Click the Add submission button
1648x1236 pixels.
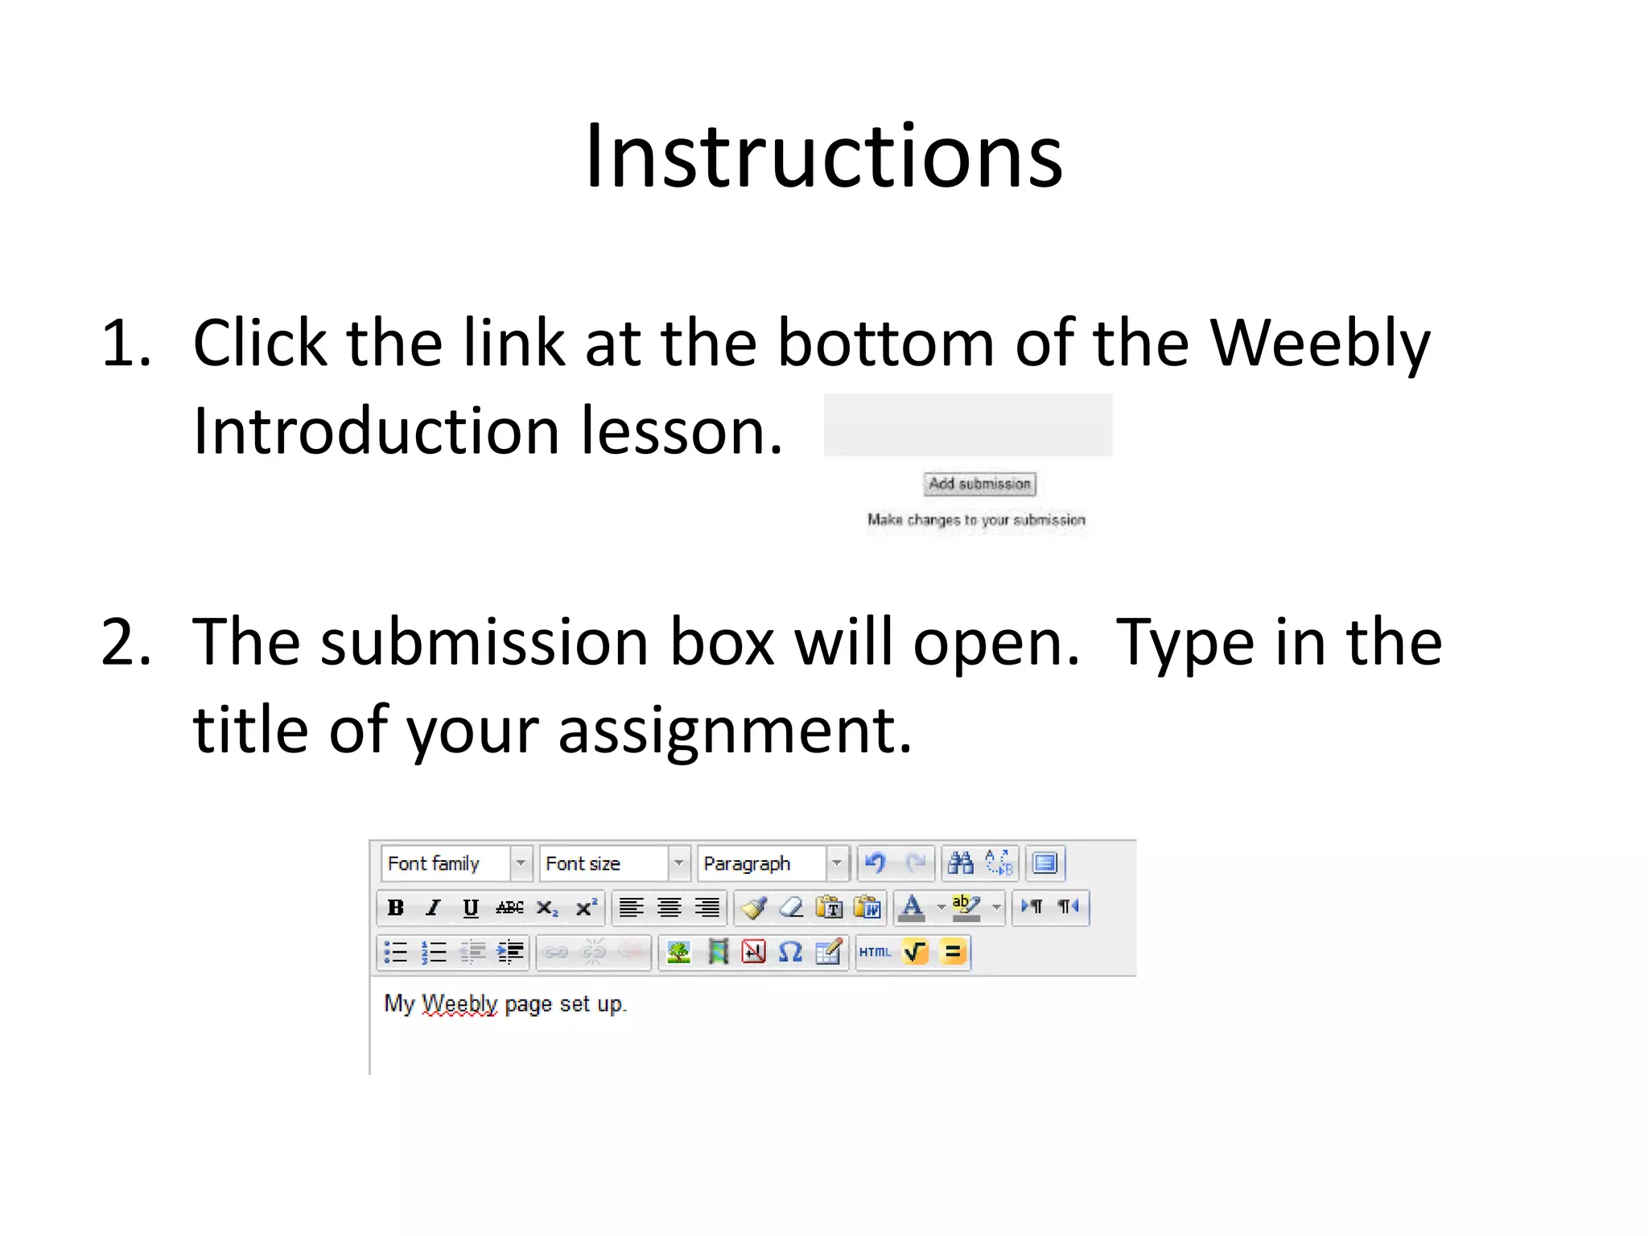coord(979,484)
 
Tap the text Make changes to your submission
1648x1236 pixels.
coord(976,520)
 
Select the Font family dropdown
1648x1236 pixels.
coord(455,863)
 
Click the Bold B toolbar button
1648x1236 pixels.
coord(395,908)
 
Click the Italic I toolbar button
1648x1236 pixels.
coord(433,908)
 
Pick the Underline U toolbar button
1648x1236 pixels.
coord(471,908)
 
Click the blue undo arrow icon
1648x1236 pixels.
coord(875,863)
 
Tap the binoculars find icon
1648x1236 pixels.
coord(960,863)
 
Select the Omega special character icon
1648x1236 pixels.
coord(790,953)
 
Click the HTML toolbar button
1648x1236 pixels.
coord(875,953)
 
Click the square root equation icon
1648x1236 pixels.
coord(915,953)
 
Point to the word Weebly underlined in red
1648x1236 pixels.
coord(459,1004)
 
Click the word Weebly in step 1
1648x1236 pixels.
coord(1320,343)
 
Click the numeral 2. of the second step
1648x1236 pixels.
coord(126,642)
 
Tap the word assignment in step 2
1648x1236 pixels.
coord(735,731)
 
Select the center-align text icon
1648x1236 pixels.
coord(669,908)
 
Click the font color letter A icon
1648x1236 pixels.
coord(912,907)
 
